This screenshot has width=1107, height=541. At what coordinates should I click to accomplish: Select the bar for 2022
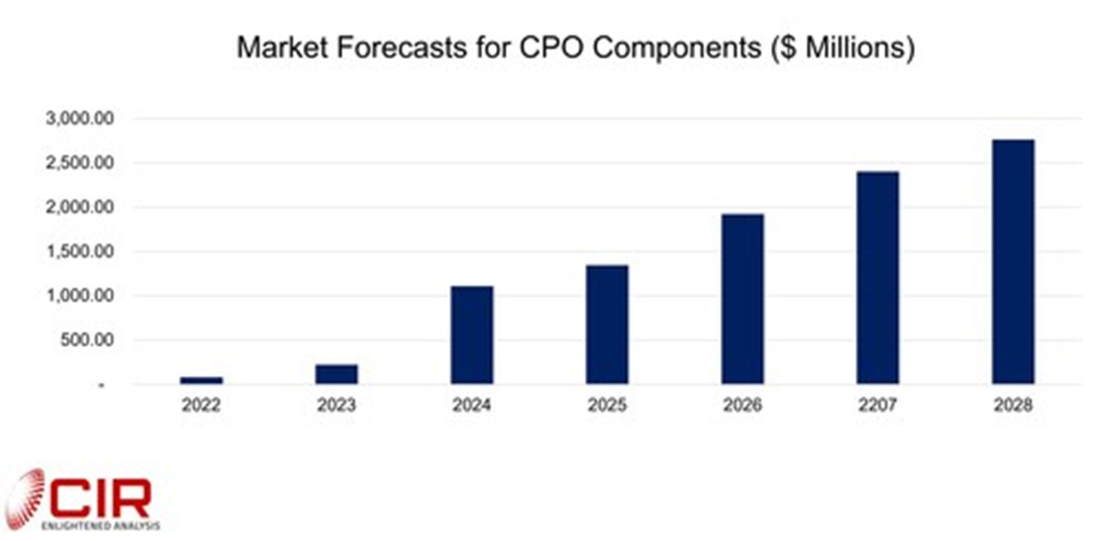201,380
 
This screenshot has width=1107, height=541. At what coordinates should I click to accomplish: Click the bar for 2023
336,374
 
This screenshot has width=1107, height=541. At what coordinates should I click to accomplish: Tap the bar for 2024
472,335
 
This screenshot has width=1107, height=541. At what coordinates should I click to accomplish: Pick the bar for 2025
607,324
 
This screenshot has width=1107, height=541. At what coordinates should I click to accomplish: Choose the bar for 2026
743,299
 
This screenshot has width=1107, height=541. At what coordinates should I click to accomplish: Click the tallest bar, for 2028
1013,262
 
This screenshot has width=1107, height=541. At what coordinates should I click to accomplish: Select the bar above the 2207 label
877,278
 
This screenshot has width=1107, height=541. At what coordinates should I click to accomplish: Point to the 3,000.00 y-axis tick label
80,118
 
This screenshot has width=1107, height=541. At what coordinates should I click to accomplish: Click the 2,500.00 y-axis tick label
80,162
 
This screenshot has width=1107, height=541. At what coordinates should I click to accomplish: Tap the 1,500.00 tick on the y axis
80,251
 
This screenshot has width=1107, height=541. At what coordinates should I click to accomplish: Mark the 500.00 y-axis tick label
87,340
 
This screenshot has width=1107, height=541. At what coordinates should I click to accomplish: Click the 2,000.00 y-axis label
80,207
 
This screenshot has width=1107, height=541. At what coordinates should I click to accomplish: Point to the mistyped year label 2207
877,405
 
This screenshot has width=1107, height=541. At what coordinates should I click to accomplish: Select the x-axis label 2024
472,405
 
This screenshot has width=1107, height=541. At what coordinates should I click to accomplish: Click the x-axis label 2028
1013,405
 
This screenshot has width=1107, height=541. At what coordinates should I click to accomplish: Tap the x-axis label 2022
201,405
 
